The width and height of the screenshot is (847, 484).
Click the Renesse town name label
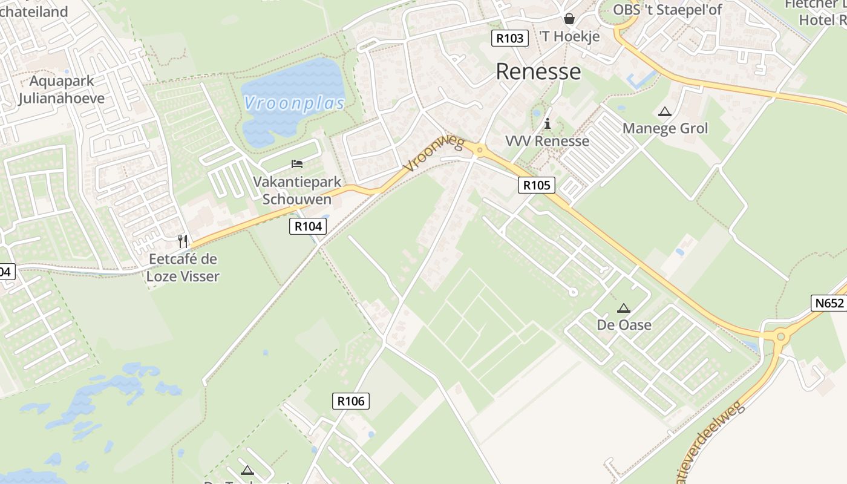[538, 71]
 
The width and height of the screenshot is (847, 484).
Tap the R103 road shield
[509, 38]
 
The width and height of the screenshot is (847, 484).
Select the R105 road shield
[537, 185]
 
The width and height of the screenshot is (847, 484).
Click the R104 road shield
[308, 226]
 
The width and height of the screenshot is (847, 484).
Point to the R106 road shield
[350, 401]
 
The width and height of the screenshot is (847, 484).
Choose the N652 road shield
[828, 303]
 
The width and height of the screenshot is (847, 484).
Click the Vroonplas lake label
[295, 103]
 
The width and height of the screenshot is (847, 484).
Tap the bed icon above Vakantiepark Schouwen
[297, 163]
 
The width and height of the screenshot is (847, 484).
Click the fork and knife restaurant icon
[183, 241]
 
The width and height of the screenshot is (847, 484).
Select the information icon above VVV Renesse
[548, 123]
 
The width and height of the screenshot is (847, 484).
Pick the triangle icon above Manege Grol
[665, 111]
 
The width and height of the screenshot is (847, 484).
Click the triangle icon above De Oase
[624, 308]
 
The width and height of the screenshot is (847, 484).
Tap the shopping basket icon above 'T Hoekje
[569, 19]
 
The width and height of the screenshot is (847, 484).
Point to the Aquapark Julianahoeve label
[61, 90]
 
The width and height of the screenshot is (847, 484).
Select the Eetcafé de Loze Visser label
[183, 267]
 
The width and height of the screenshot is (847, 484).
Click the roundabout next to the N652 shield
[780, 336]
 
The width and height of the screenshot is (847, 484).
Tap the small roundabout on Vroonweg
[479, 150]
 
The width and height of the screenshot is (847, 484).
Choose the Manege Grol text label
[665, 128]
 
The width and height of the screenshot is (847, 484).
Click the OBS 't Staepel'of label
[667, 10]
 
